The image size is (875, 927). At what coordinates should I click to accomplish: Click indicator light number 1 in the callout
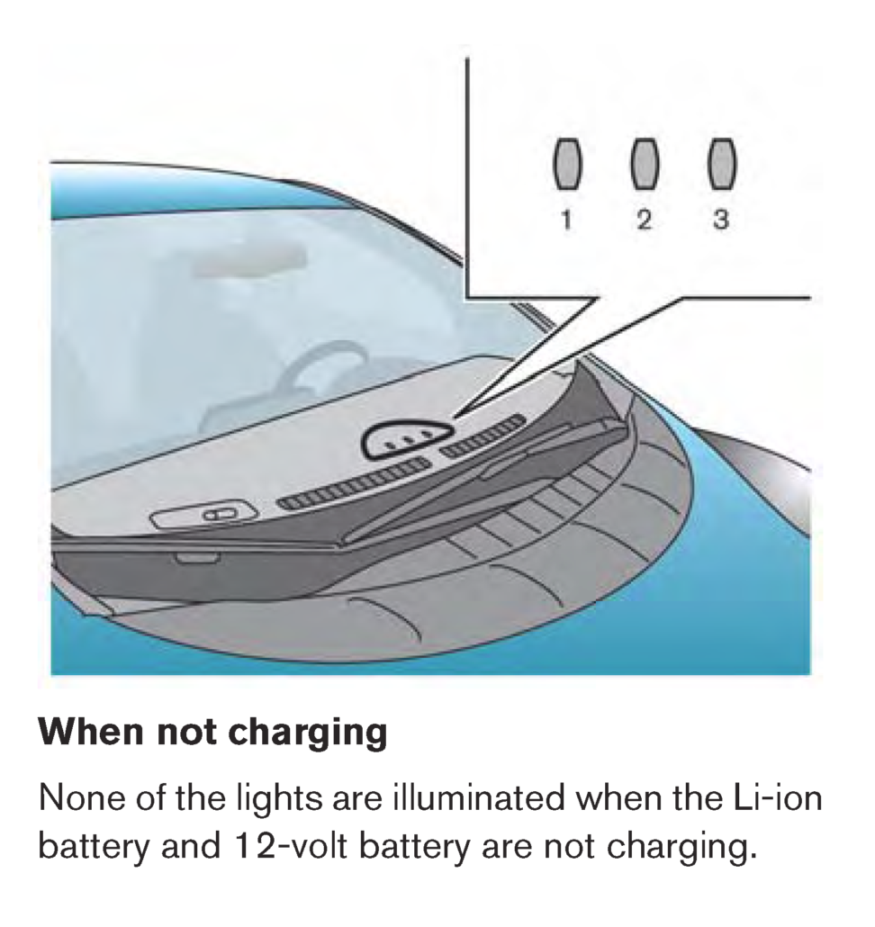click(x=567, y=165)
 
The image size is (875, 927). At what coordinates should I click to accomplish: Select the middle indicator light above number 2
click(x=644, y=164)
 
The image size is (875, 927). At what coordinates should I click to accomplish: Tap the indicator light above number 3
click(x=722, y=164)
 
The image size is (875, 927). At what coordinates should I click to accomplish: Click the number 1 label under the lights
click(x=567, y=220)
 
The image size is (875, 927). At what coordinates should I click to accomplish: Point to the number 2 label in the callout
click(x=644, y=220)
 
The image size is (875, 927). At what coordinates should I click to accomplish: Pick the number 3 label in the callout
click(x=721, y=220)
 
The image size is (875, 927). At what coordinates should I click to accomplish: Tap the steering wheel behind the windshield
click(x=308, y=378)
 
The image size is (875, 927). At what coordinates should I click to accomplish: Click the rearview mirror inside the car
click(x=249, y=260)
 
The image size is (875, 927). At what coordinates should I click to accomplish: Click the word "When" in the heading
click(x=91, y=732)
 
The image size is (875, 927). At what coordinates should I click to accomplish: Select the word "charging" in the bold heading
click(x=308, y=734)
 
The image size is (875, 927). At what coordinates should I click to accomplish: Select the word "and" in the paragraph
click(x=187, y=847)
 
